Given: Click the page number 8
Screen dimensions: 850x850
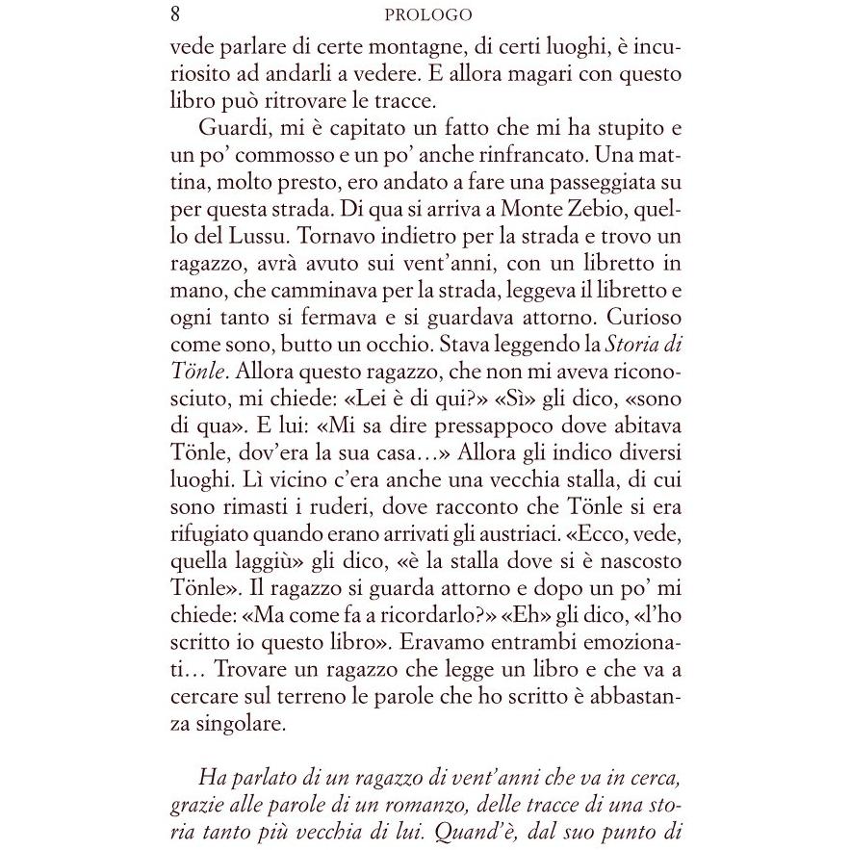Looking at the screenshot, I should pos(174,15).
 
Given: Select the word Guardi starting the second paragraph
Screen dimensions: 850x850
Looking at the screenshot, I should pos(230,127).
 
